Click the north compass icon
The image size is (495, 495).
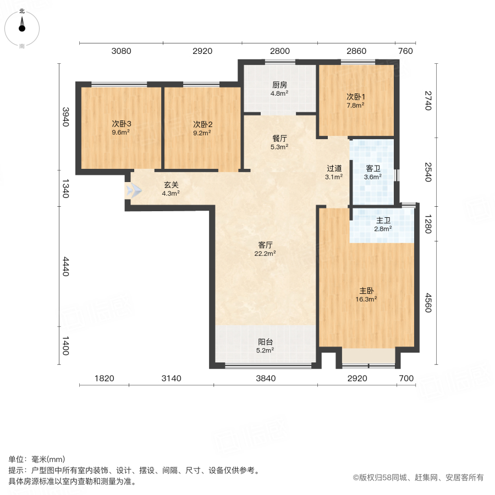point(22,26)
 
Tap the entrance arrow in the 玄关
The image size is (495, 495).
point(134,190)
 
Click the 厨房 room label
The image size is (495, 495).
point(279,85)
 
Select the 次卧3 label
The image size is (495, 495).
point(121,124)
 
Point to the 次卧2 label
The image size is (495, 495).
point(202,124)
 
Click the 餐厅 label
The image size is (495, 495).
point(279,139)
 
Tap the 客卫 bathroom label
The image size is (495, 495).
point(373,169)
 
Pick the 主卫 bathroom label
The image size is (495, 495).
point(383,219)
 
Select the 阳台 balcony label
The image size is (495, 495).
point(265,341)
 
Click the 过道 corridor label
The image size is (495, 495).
point(334,168)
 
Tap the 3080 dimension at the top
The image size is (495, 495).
point(121,51)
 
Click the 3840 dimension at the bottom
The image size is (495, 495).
point(265,378)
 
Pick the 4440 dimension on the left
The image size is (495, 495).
point(65,266)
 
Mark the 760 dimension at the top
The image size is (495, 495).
point(405,51)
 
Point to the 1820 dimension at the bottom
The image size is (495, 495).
point(104,378)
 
